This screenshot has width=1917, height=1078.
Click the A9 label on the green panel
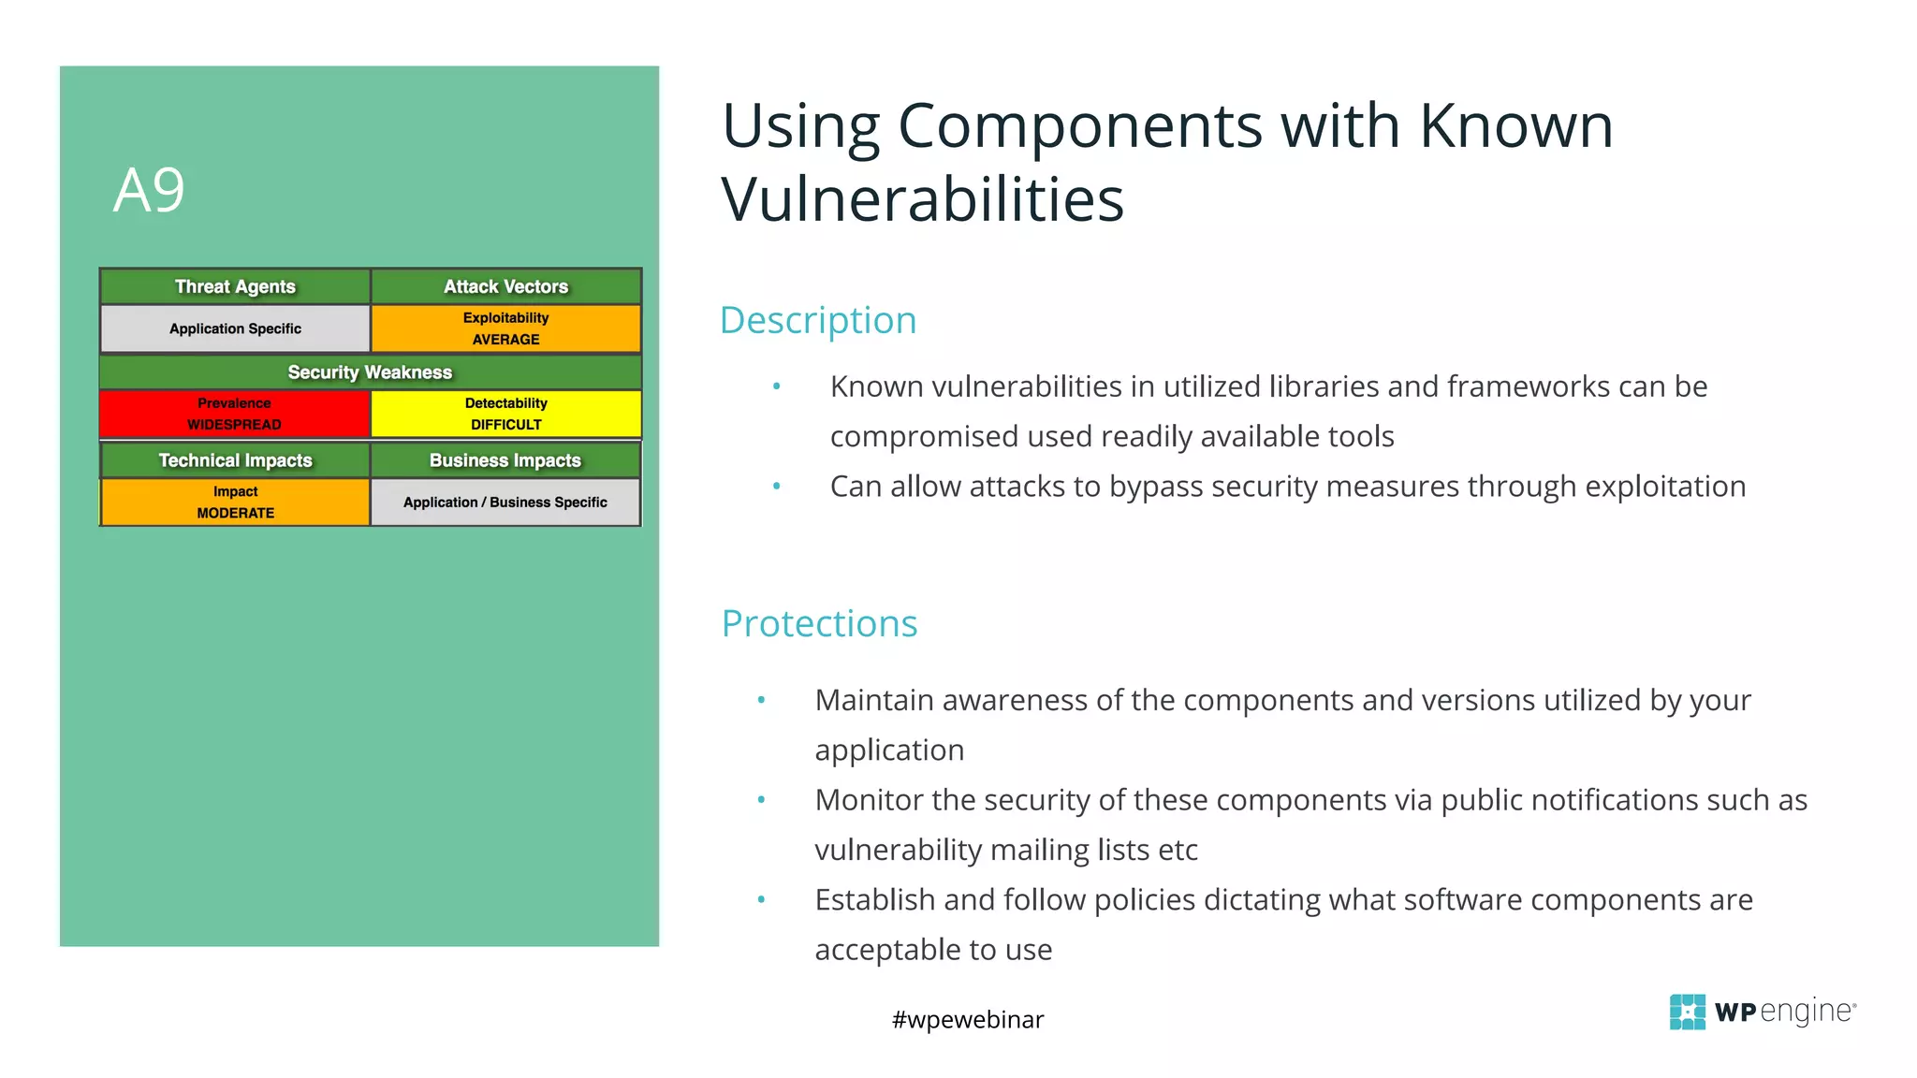click(149, 191)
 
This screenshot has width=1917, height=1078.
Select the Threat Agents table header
click(235, 286)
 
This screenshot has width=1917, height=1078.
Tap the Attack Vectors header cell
click(505, 286)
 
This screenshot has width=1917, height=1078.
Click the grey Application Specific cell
click(235, 328)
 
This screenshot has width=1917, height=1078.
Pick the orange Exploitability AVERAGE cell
click(505, 328)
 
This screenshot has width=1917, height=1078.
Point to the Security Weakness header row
click(370, 372)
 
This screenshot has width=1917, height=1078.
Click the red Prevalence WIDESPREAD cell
click(234, 414)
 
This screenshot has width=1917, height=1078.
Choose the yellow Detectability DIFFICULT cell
click(505, 414)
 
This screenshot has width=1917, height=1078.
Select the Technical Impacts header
click(235, 460)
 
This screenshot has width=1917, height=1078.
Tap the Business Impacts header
click(505, 460)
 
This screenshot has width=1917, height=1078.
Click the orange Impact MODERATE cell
click(235, 503)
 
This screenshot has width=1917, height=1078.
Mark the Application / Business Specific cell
click(505, 503)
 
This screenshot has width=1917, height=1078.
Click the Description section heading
click(817, 320)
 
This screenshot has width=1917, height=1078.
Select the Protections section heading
click(819, 623)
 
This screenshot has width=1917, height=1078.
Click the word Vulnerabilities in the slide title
click(922, 199)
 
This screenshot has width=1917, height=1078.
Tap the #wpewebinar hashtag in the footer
click(967, 1019)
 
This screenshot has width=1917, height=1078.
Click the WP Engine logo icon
click(1687, 1012)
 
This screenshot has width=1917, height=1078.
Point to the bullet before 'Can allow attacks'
click(776, 486)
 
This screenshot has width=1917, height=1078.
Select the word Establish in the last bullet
click(874, 899)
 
